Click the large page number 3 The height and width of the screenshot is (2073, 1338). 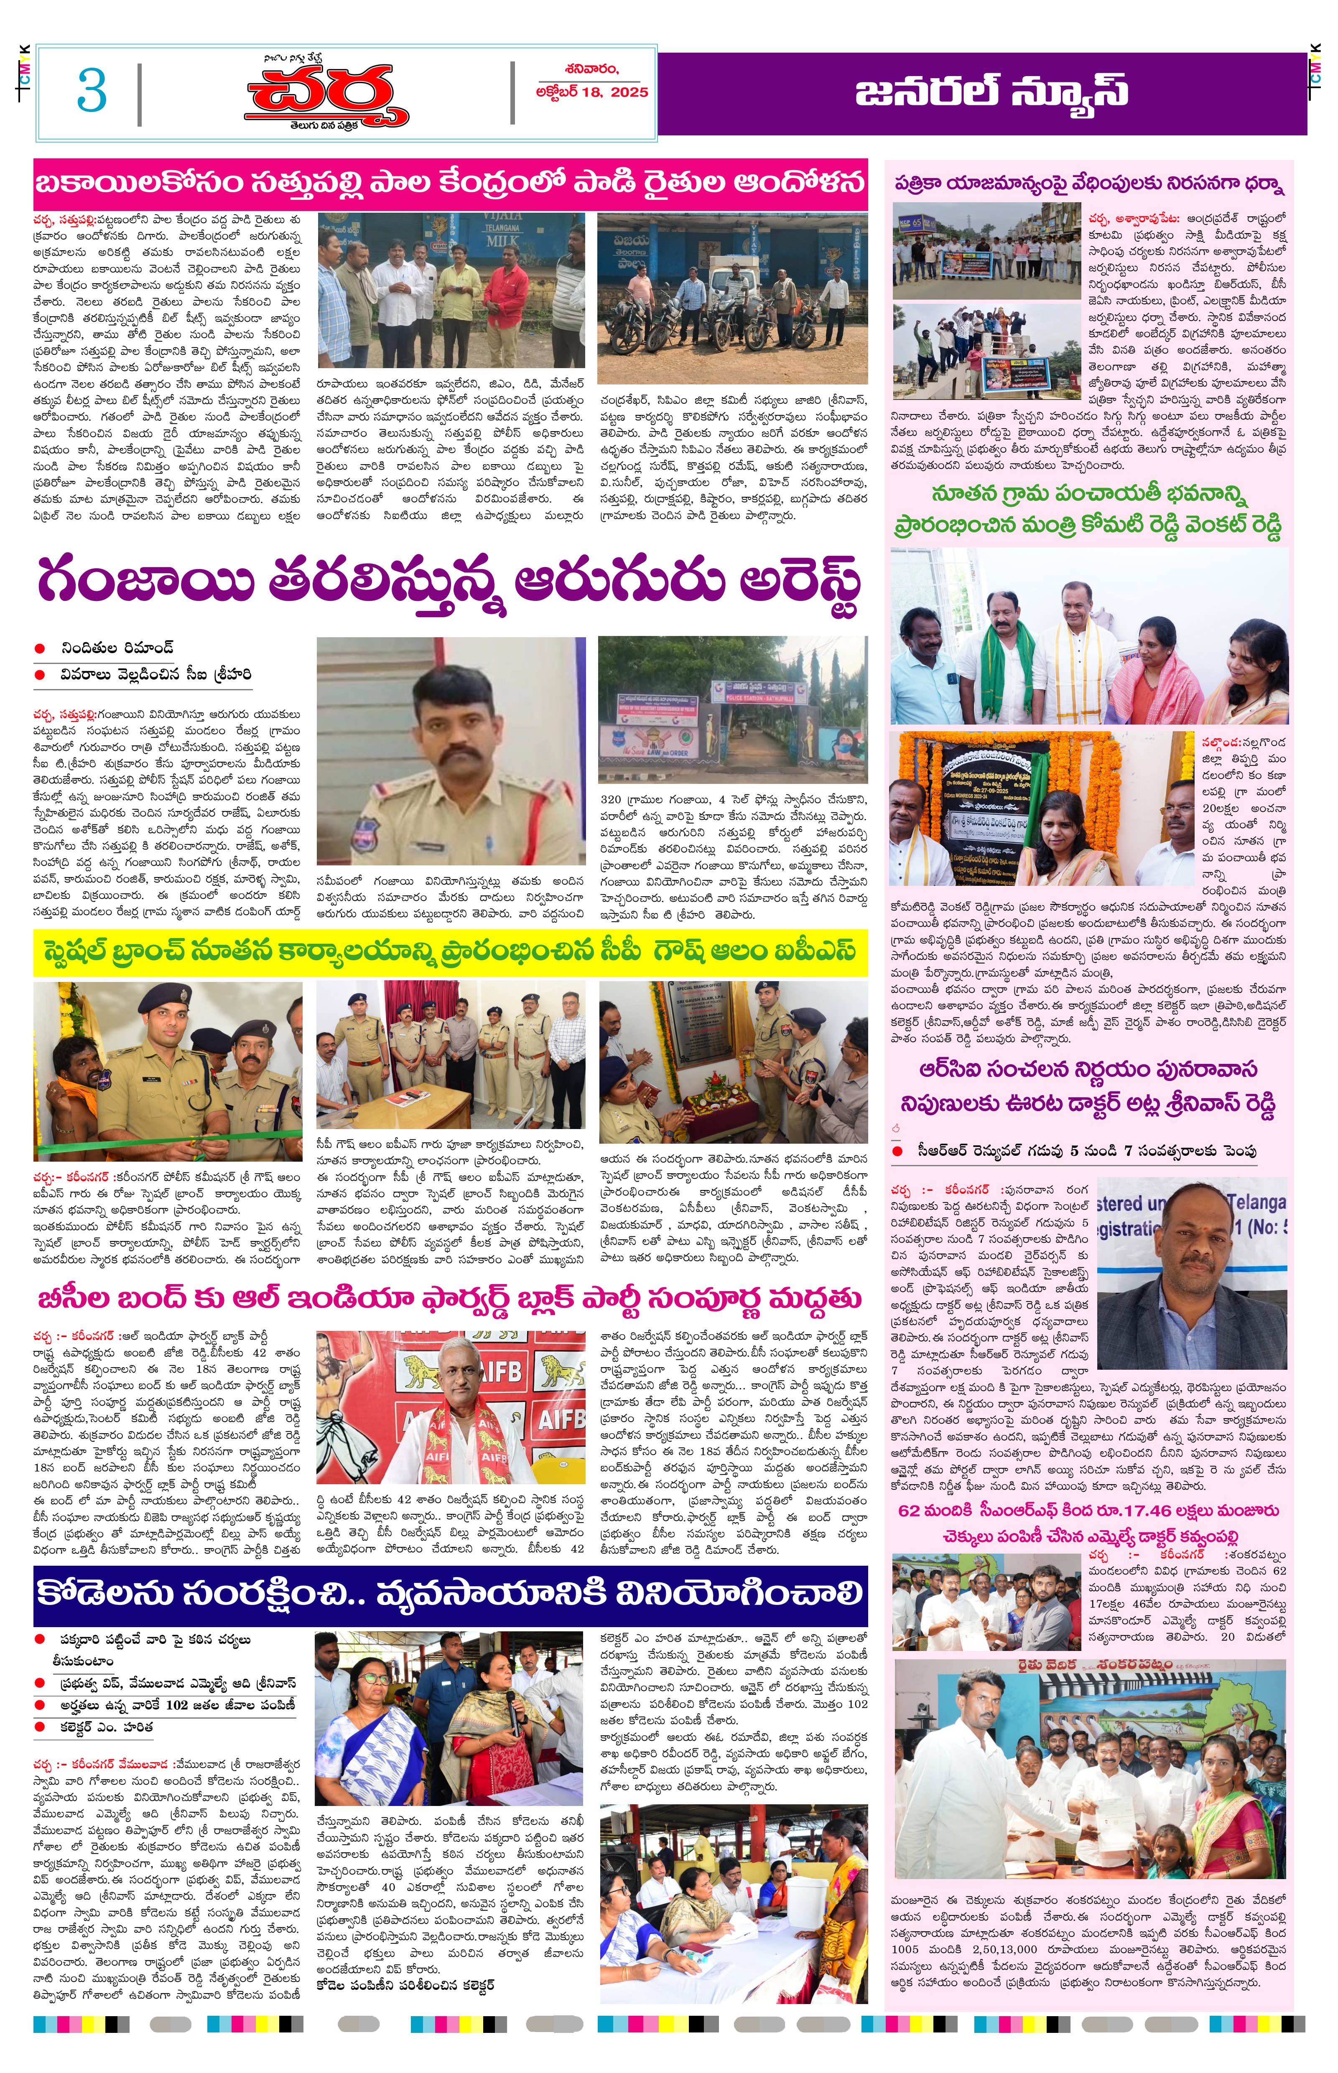click(x=91, y=90)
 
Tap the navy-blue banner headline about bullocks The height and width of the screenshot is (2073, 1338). click(x=450, y=1594)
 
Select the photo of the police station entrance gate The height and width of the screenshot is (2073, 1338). click(x=732, y=710)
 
